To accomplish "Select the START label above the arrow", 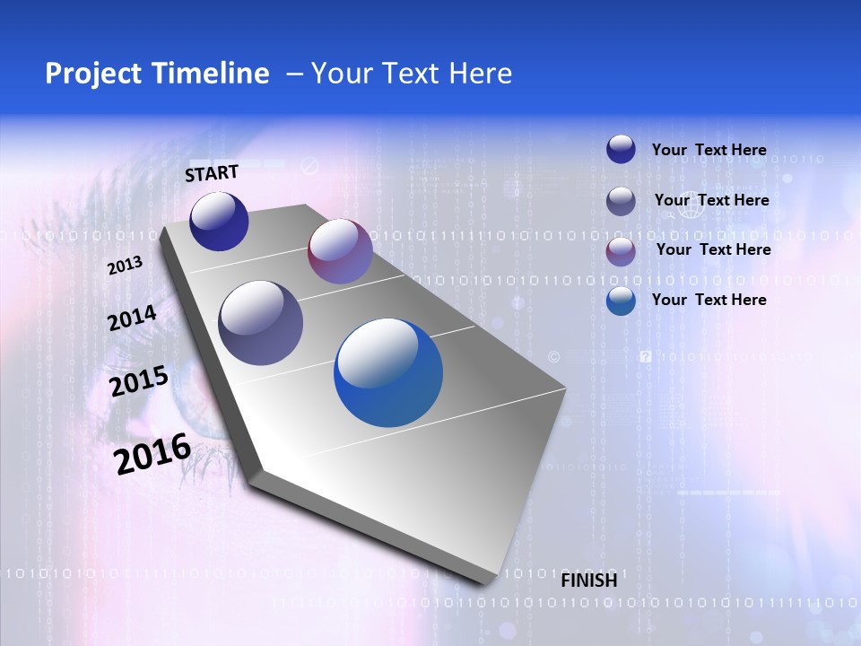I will click(x=212, y=173).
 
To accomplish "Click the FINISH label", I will click(x=588, y=581).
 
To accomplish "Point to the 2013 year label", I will click(x=125, y=266).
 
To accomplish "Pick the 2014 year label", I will click(x=132, y=319).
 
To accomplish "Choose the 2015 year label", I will click(x=139, y=380).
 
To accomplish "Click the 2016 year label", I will click(x=152, y=453).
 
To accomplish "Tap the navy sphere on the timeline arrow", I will click(x=219, y=221).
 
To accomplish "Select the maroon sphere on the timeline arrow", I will click(x=340, y=251).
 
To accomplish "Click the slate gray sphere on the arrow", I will click(x=261, y=323).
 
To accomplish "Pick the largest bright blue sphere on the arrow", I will click(x=388, y=373).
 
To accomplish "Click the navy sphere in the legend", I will click(x=621, y=149).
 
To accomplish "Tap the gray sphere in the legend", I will click(x=621, y=201).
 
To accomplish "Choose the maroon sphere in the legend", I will click(x=621, y=251).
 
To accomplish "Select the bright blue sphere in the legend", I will click(x=621, y=301).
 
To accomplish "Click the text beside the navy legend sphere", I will click(x=709, y=150).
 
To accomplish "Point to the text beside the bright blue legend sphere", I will click(x=709, y=300).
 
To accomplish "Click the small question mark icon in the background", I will click(x=645, y=356).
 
